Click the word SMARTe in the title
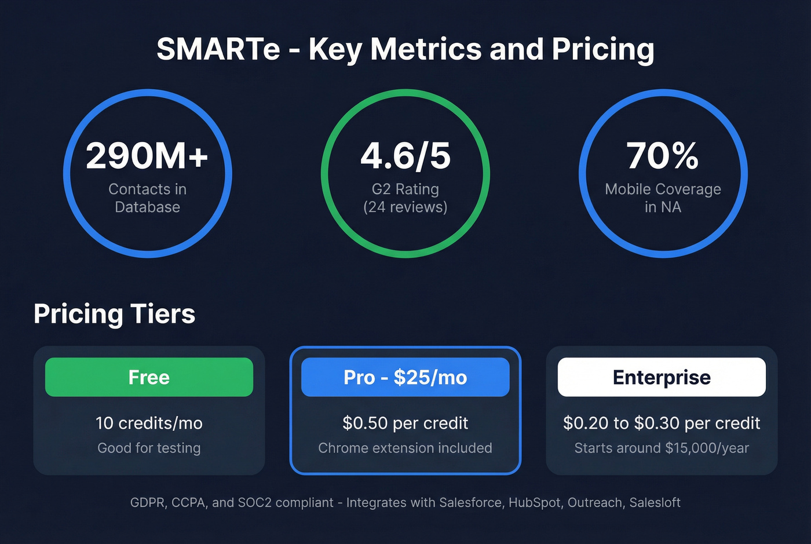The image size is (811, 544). pyautogui.click(x=218, y=49)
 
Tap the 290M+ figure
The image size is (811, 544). pyautogui.click(x=147, y=156)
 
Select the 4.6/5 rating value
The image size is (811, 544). pyautogui.click(x=405, y=156)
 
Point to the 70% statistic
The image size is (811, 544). pyautogui.click(x=663, y=156)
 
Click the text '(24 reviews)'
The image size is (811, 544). pyautogui.click(x=405, y=207)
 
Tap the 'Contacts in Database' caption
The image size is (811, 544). pyautogui.click(x=147, y=198)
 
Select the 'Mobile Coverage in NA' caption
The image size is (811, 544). pyautogui.click(x=663, y=198)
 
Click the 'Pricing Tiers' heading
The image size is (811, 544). pyautogui.click(x=115, y=314)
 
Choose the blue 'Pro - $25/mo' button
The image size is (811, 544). pyautogui.click(x=405, y=377)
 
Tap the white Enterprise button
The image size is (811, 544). pyautogui.click(x=662, y=377)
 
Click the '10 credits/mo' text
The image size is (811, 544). pyautogui.click(x=149, y=423)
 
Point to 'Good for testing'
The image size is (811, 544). pyautogui.click(x=149, y=448)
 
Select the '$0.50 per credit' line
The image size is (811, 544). pyautogui.click(x=405, y=423)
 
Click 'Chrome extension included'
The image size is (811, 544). pyautogui.click(x=405, y=448)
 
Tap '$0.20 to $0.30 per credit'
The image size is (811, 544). pyautogui.click(x=662, y=423)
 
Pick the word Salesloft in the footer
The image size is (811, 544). pyautogui.click(x=655, y=503)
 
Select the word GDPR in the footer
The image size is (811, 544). pyautogui.click(x=148, y=503)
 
